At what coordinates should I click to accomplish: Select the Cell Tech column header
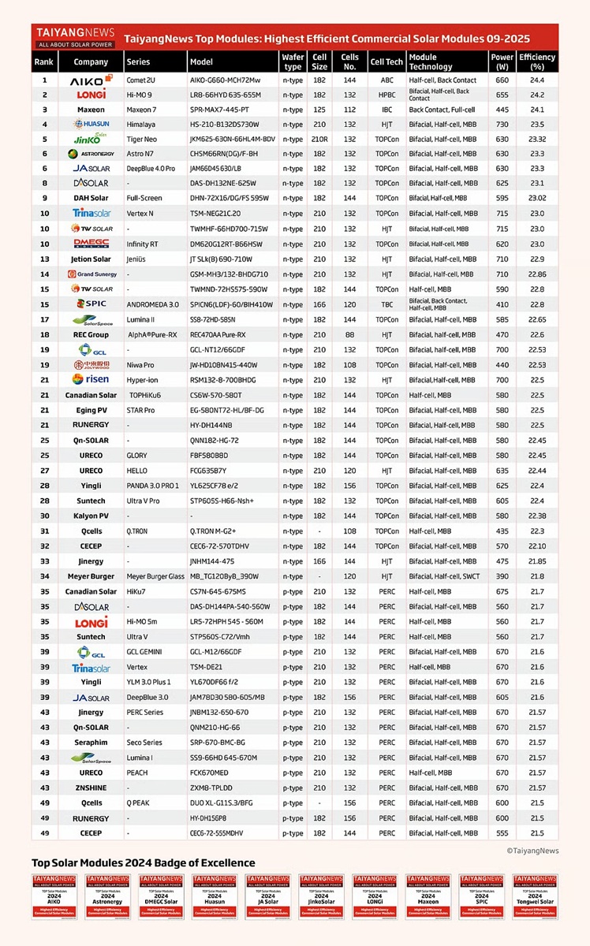386,61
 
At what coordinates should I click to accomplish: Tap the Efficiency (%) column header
536,61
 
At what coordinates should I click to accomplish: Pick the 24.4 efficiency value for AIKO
536,80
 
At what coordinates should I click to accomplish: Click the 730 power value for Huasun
502,125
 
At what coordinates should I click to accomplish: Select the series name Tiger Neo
144,140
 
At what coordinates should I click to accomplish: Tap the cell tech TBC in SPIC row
386,304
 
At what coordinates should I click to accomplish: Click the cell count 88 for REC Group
349,334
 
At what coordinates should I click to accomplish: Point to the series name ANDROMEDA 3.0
153,304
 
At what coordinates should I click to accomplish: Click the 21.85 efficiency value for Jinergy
536,561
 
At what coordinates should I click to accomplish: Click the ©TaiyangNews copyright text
532,851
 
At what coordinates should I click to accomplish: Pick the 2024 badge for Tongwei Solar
535,896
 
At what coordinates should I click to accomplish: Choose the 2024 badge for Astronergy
107,896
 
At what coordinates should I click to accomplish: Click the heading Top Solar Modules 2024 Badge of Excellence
143,862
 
